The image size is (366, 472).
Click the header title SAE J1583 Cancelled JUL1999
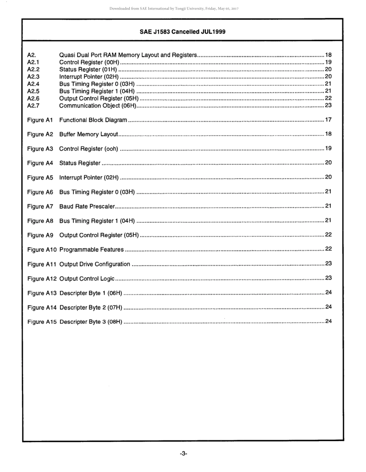[182, 32]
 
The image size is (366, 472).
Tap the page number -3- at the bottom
[183, 454]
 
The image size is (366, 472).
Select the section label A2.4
[34, 84]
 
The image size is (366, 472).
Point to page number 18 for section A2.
[328, 55]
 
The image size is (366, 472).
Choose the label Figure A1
[40, 120]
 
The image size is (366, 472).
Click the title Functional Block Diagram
[93, 120]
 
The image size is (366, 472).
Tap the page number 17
[328, 120]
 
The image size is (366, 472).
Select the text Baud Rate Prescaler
[87, 206]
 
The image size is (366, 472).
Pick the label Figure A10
[42, 249]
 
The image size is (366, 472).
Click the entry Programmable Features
[92, 249]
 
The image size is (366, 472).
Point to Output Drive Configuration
[95, 264]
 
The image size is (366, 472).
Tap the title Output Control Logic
[87, 278]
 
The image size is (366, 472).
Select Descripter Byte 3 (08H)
[91, 321]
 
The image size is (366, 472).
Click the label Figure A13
[42, 293]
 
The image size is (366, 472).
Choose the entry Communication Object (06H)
[98, 105]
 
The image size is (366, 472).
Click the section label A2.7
[34, 105]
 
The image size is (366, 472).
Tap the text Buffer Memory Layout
[89, 134]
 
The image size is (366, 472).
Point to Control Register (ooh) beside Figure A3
[89, 149]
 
